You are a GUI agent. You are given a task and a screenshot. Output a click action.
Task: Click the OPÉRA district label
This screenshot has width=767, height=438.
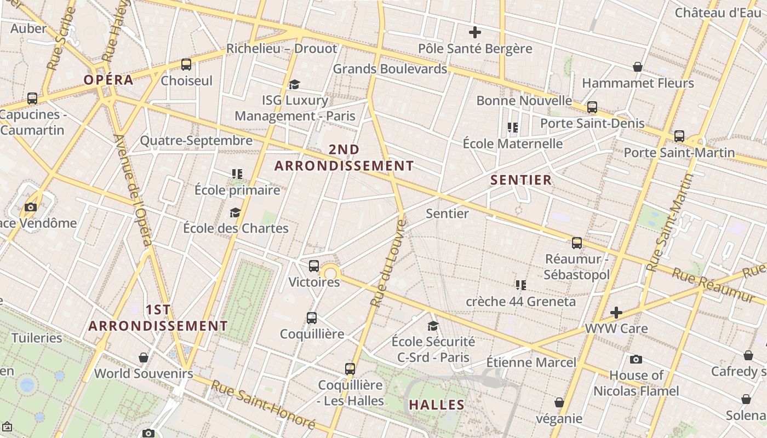(108, 80)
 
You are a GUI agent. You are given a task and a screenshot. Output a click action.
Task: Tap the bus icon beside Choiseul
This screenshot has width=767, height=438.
(186, 65)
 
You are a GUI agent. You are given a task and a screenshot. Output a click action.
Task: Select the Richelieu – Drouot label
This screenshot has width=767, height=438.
(282, 48)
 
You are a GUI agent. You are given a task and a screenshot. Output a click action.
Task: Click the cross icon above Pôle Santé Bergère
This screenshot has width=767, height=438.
(475, 32)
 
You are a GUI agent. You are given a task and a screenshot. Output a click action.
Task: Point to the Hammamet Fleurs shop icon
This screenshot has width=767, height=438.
(638, 67)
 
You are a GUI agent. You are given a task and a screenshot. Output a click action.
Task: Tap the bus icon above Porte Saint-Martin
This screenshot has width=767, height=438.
(679, 136)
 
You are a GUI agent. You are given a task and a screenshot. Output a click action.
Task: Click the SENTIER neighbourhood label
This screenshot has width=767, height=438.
(521, 180)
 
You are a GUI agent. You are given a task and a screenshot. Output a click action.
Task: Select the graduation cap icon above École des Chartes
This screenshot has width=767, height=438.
(236, 212)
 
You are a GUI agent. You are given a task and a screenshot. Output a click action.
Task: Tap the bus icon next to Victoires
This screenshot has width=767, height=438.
(314, 266)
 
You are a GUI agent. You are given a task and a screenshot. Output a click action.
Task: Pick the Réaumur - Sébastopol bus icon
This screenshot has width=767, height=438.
(577, 243)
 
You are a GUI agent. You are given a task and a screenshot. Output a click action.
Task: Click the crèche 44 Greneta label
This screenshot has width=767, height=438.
(520, 301)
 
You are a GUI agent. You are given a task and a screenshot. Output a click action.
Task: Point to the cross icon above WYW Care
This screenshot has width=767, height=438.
(616, 313)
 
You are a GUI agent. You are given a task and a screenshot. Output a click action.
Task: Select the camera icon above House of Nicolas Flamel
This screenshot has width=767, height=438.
(636, 359)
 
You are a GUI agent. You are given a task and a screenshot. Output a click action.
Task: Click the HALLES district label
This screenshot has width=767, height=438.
(437, 405)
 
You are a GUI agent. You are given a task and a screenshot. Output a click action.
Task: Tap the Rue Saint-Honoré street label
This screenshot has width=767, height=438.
(263, 405)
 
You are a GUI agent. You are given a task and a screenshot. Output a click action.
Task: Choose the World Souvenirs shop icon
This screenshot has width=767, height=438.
(144, 358)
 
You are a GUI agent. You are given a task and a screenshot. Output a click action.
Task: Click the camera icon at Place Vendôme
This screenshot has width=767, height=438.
(31, 207)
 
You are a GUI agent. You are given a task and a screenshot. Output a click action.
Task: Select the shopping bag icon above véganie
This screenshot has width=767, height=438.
(559, 402)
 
